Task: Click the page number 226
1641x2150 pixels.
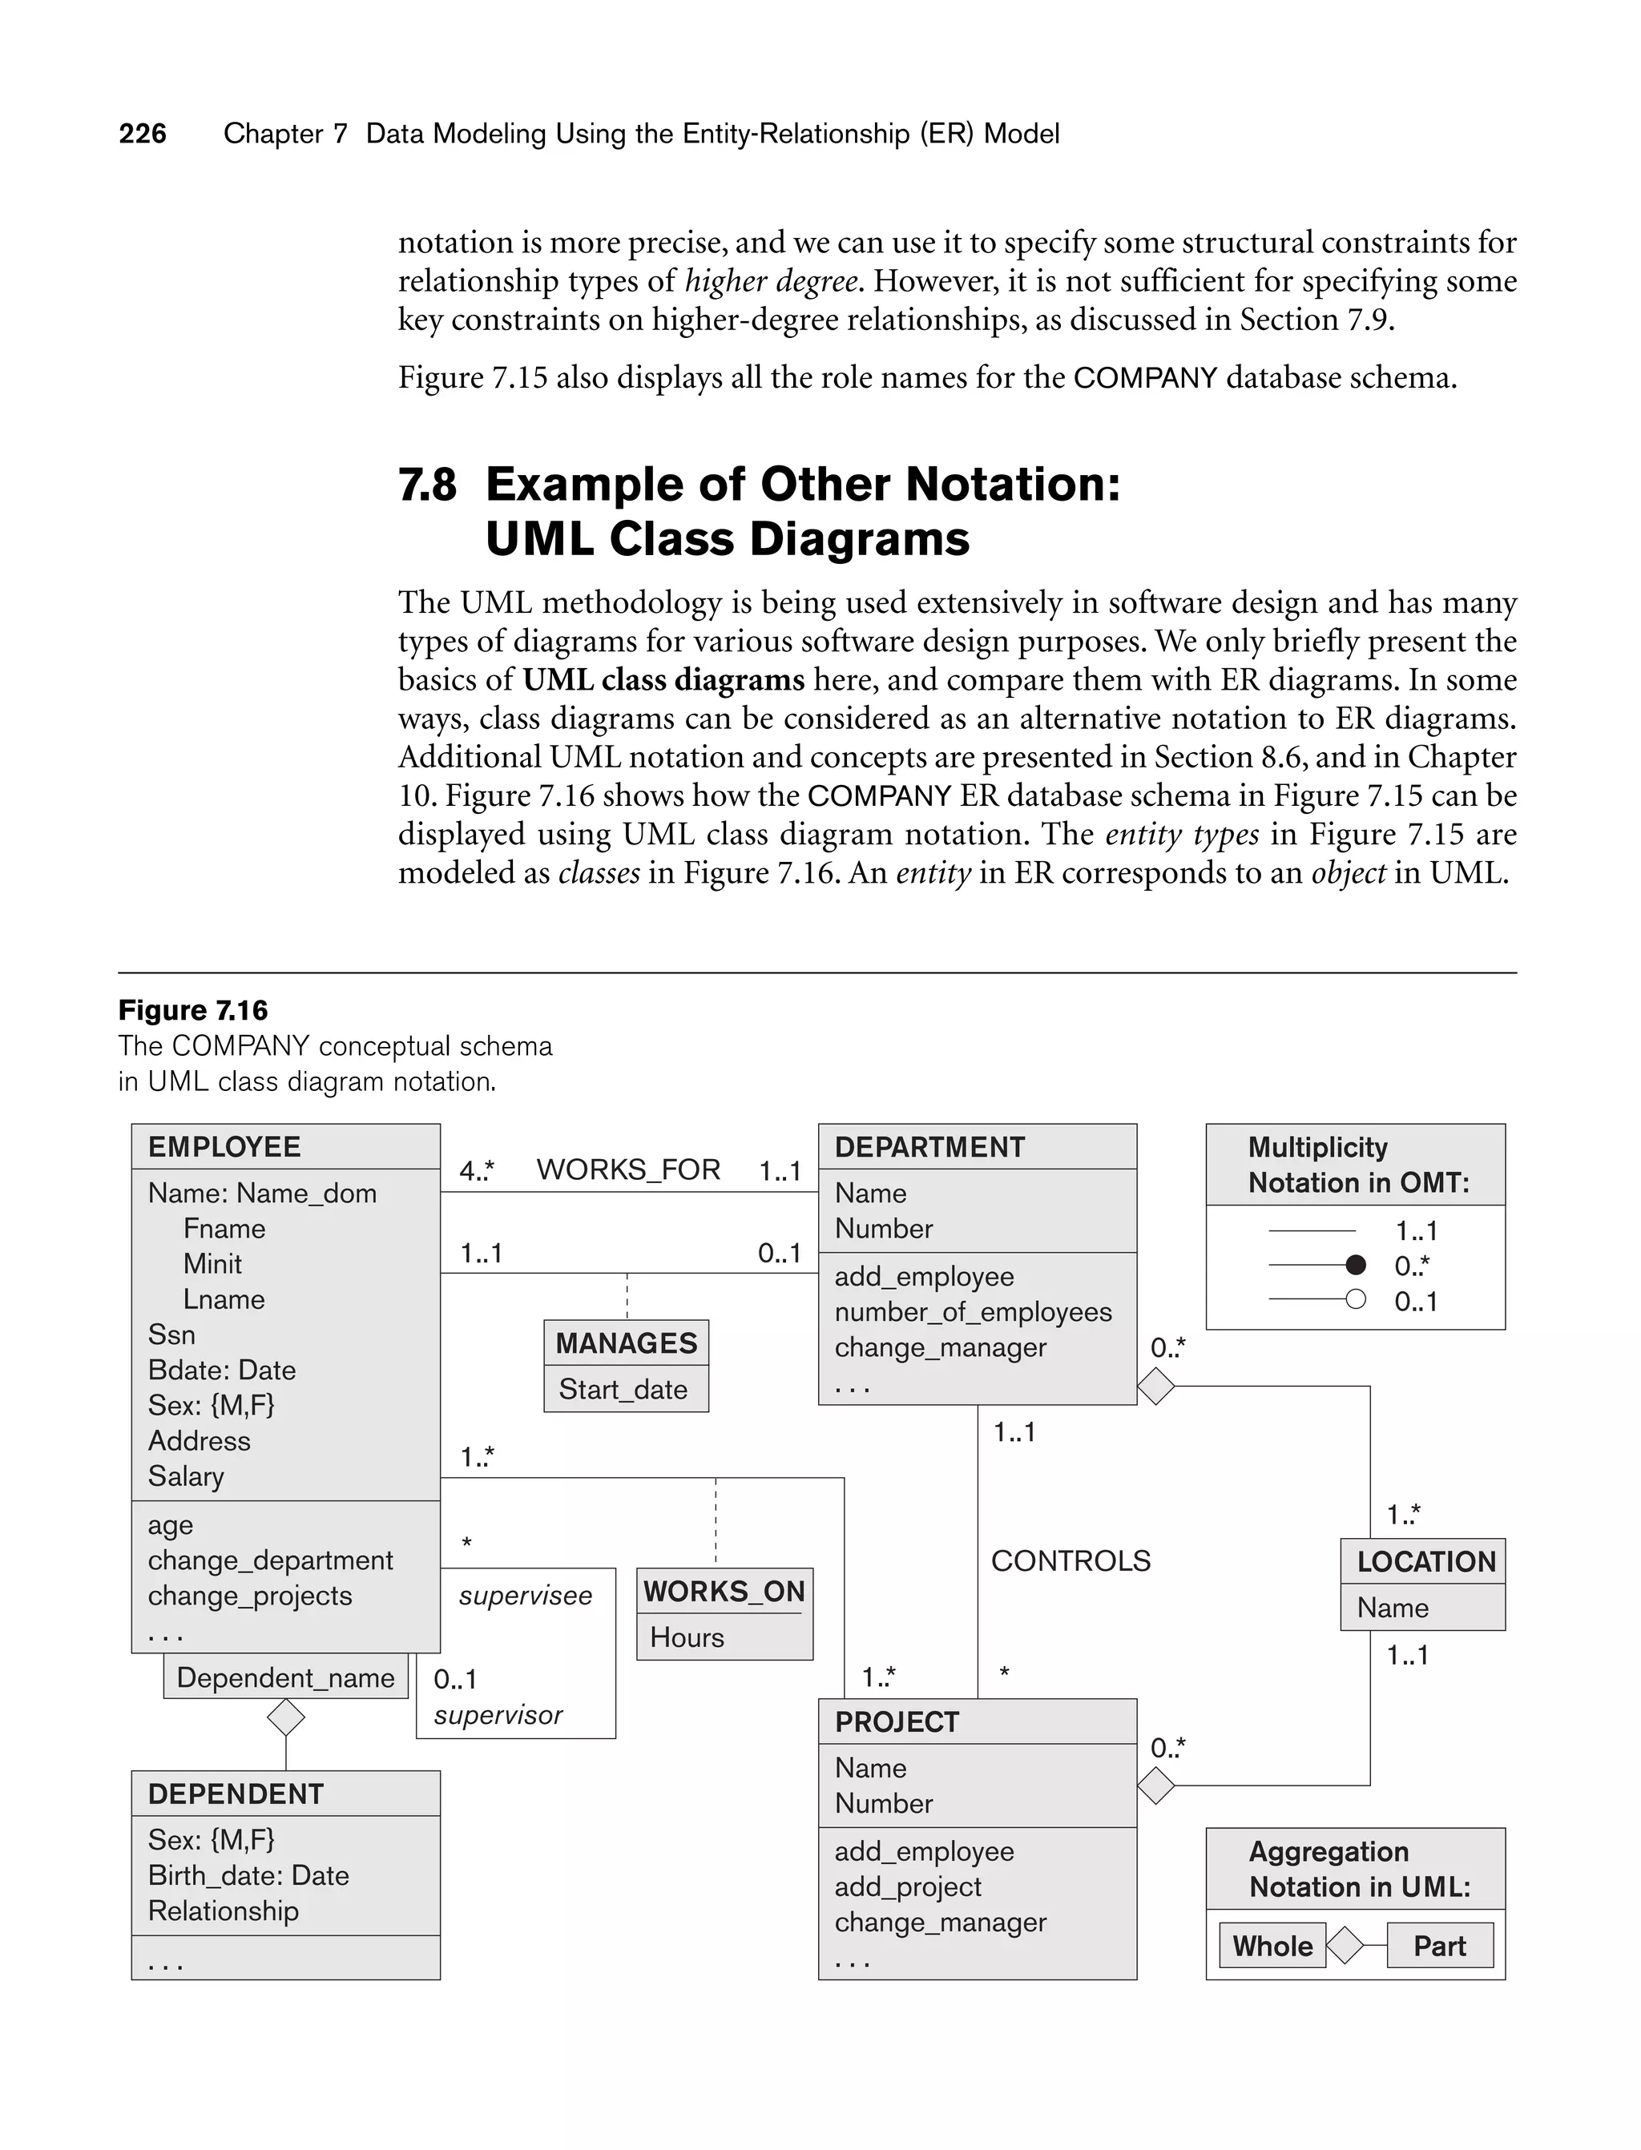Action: point(143,134)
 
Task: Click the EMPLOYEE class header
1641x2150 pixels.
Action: point(224,1147)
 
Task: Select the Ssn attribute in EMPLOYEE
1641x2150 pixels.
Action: point(172,1335)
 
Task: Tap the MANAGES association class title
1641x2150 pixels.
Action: point(626,1343)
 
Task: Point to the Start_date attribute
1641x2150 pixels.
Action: point(623,1389)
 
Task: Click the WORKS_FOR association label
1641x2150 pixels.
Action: point(628,1170)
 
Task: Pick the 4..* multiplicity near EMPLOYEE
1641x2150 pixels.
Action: point(477,1170)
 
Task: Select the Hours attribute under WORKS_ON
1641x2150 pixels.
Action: point(687,1637)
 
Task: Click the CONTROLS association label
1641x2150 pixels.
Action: point(1070,1561)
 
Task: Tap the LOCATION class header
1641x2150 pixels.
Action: point(1425,1562)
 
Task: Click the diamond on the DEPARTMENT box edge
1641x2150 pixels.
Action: point(1156,1387)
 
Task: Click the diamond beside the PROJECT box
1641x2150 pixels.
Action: point(1156,1786)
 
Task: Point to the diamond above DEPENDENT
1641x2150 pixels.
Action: point(286,1717)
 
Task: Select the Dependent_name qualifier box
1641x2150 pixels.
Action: point(285,1677)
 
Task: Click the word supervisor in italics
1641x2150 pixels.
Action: point(498,1716)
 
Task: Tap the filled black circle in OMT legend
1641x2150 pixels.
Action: point(1356,1266)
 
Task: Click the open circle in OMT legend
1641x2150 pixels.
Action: point(1356,1299)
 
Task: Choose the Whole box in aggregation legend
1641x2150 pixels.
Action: point(1272,1946)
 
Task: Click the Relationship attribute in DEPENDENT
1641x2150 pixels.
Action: point(224,1910)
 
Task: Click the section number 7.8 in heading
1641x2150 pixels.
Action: point(427,485)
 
